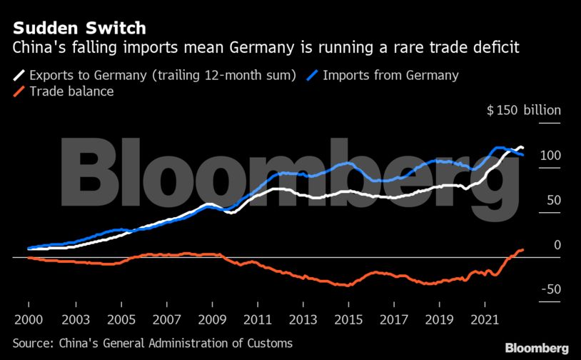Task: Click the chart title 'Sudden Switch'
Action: tap(79, 29)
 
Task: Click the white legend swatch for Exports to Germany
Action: tap(19, 74)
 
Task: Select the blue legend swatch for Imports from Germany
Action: tap(311, 74)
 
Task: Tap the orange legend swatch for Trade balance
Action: tap(19, 91)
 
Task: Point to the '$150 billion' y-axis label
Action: tap(524, 111)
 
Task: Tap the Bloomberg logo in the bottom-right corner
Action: tap(537, 348)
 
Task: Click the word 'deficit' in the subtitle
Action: tap(494, 49)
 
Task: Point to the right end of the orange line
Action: tap(522, 249)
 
